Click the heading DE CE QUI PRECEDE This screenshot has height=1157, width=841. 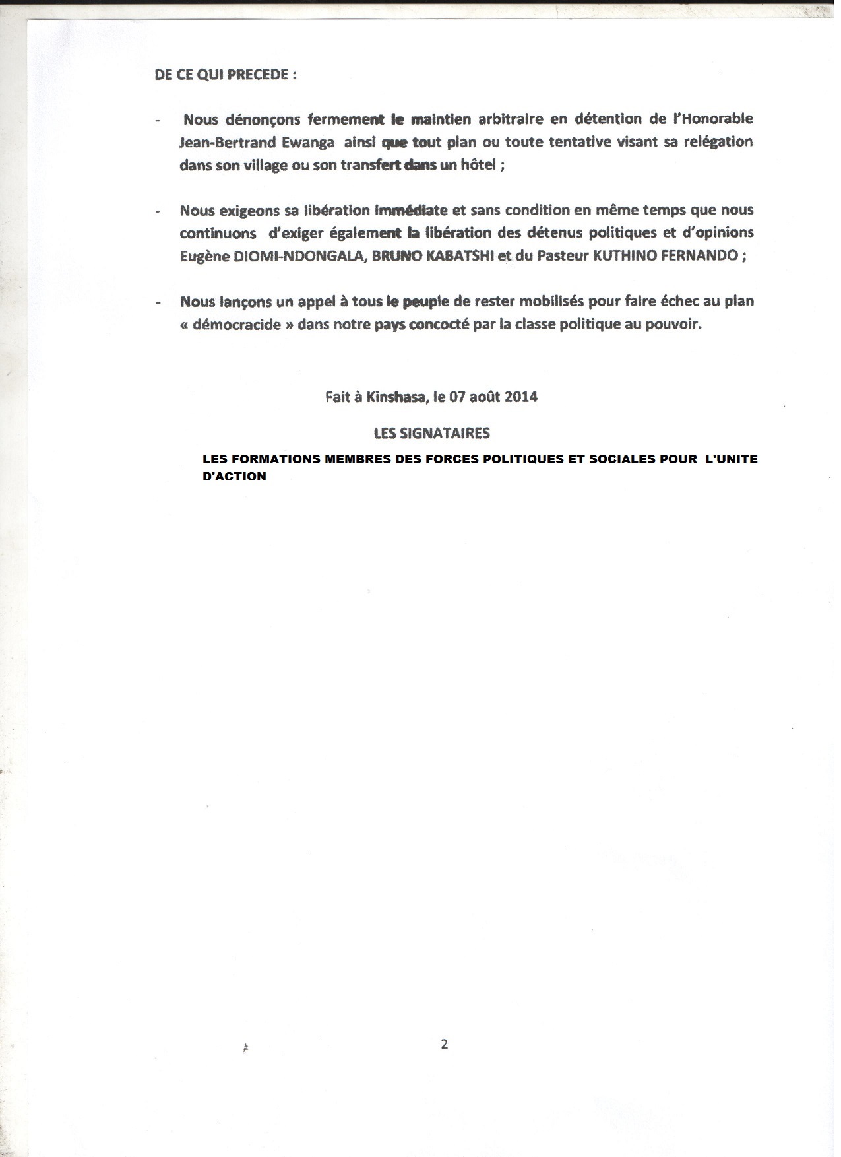(x=224, y=75)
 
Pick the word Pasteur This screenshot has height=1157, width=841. (x=560, y=257)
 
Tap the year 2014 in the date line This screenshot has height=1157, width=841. (x=520, y=397)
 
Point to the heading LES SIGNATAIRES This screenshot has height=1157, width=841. (x=431, y=434)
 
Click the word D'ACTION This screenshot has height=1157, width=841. (x=234, y=477)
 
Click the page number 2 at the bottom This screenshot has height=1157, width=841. (x=444, y=1045)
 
